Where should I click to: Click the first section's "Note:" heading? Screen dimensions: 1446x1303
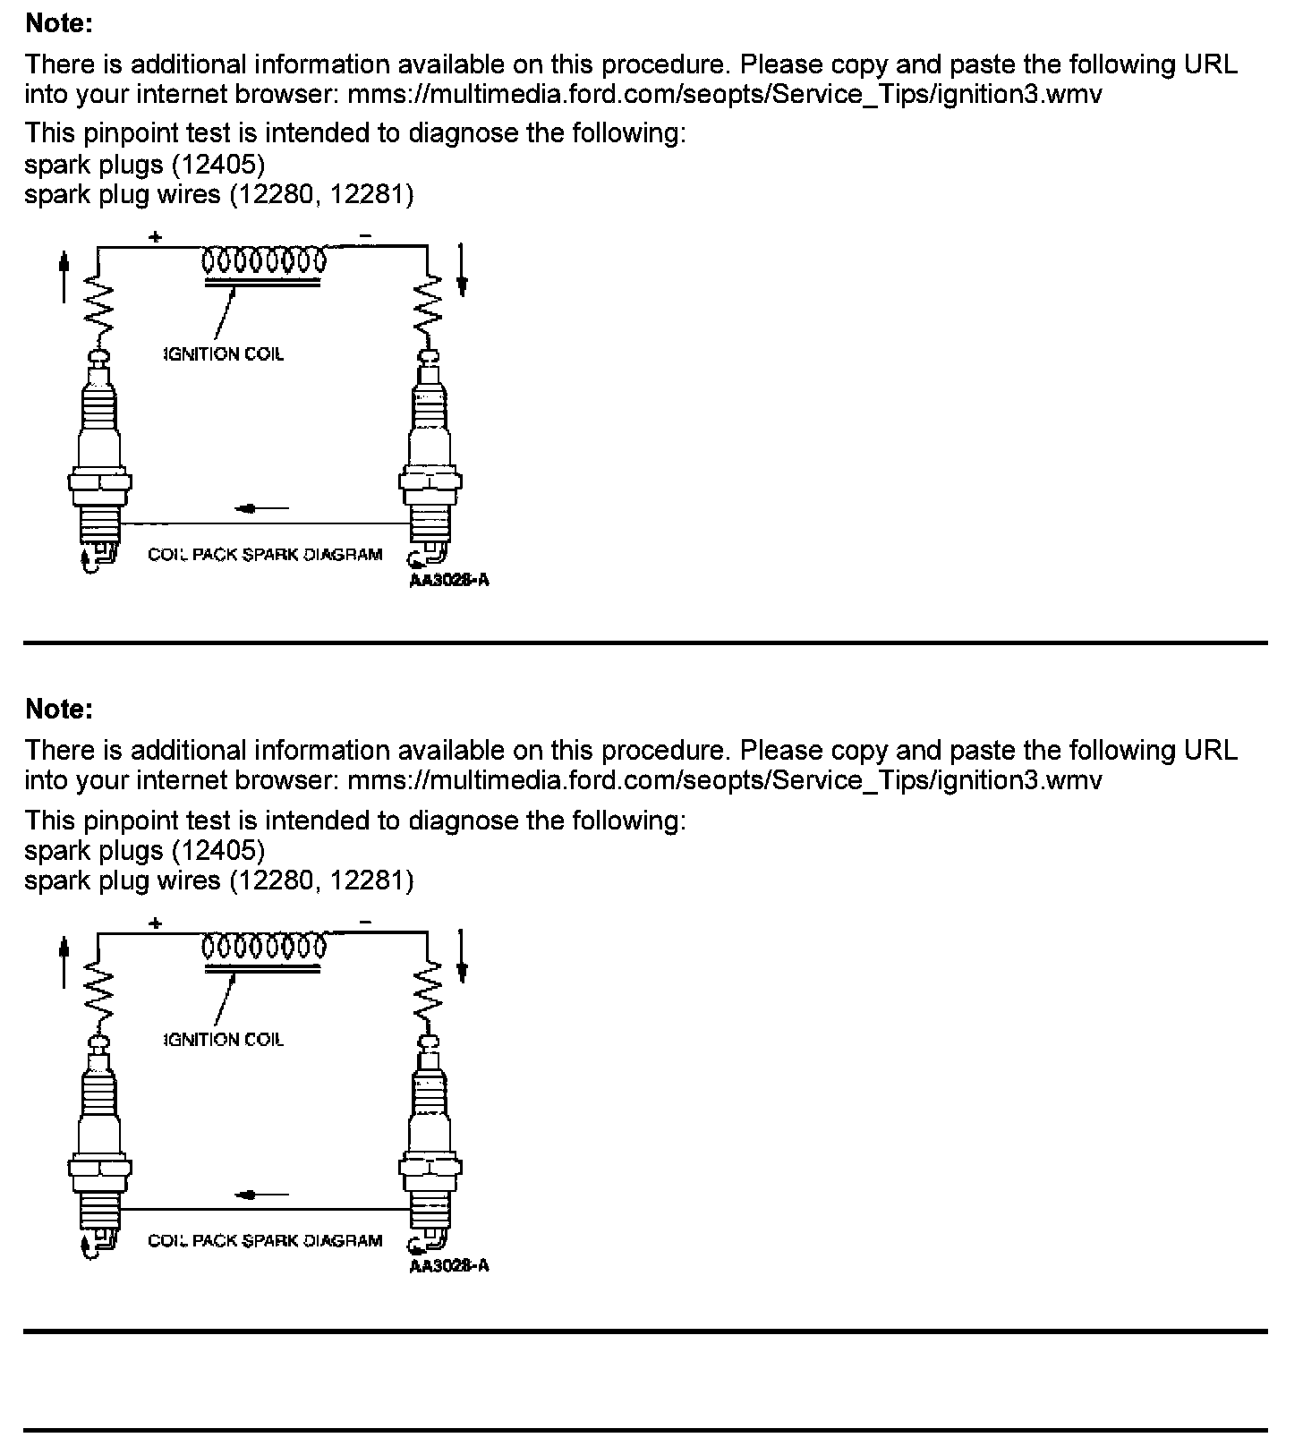[x=59, y=23]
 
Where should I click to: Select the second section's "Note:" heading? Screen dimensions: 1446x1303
[x=59, y=709]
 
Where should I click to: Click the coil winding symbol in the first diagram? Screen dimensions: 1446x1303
[x=264, y=261]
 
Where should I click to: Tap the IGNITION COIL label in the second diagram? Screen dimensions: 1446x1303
[x=224, y=1040]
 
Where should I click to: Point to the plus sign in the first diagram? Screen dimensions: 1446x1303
[x=156, y=237]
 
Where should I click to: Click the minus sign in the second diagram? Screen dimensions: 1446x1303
[x=365, y=922]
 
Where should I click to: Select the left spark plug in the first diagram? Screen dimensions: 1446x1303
[x=99, y=456]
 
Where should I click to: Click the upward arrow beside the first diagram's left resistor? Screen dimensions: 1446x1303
[x=64, y=277]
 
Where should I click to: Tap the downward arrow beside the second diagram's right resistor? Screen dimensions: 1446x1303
[x=462, y=956]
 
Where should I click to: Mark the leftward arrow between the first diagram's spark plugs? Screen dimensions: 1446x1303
[x=260, y=508]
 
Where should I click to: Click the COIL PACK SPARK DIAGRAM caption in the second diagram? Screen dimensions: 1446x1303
[x=265, y=1241]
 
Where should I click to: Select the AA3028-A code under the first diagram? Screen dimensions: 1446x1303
[x=449, y=580]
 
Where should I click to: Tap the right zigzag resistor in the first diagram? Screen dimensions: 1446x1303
[x=430, y=306]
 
